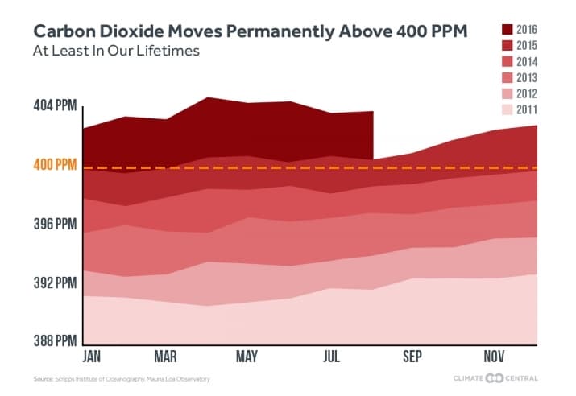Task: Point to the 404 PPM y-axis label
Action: pyautogui.click(x=55, y=105)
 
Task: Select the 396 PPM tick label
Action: pyautogui.click(x=55, y=224)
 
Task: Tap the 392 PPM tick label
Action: pyautogui.click(x=55, y=283)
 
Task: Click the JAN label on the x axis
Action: pyautogui.click(x=93, y=357)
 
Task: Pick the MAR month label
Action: pyautogui.click(x=165, y=357)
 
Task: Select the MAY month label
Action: pyautogui.click(x=247, y=357)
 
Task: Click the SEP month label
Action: pyautogui.click(x=412, y=357)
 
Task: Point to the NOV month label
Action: pyautogui.click(x=495, y=357)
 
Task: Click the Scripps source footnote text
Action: pyautogui.click(x=121, y=379)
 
